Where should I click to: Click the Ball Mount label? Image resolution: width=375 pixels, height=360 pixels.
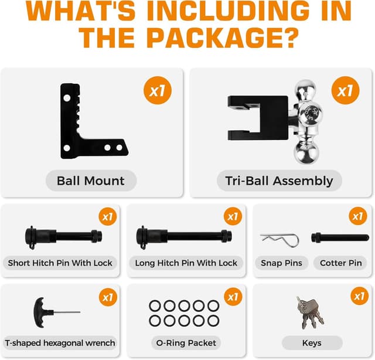91,181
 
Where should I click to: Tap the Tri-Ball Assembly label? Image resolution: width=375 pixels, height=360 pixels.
279,181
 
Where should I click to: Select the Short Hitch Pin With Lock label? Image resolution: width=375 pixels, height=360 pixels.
60,263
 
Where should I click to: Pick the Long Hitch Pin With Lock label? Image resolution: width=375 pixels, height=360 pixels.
186,263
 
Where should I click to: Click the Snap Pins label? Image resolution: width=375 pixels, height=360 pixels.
281,263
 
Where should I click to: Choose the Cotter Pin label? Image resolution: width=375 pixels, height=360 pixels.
340,263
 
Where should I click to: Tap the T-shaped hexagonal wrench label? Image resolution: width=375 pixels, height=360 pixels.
60,342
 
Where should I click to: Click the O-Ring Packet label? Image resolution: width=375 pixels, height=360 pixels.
186,342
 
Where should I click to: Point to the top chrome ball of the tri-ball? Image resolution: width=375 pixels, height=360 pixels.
306,90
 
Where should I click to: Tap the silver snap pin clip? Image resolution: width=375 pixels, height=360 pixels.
279,238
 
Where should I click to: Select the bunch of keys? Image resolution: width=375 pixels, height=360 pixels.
309,312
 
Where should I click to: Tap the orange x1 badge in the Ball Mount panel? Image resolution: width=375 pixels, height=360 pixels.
158,91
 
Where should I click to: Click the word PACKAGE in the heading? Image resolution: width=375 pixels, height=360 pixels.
219,36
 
